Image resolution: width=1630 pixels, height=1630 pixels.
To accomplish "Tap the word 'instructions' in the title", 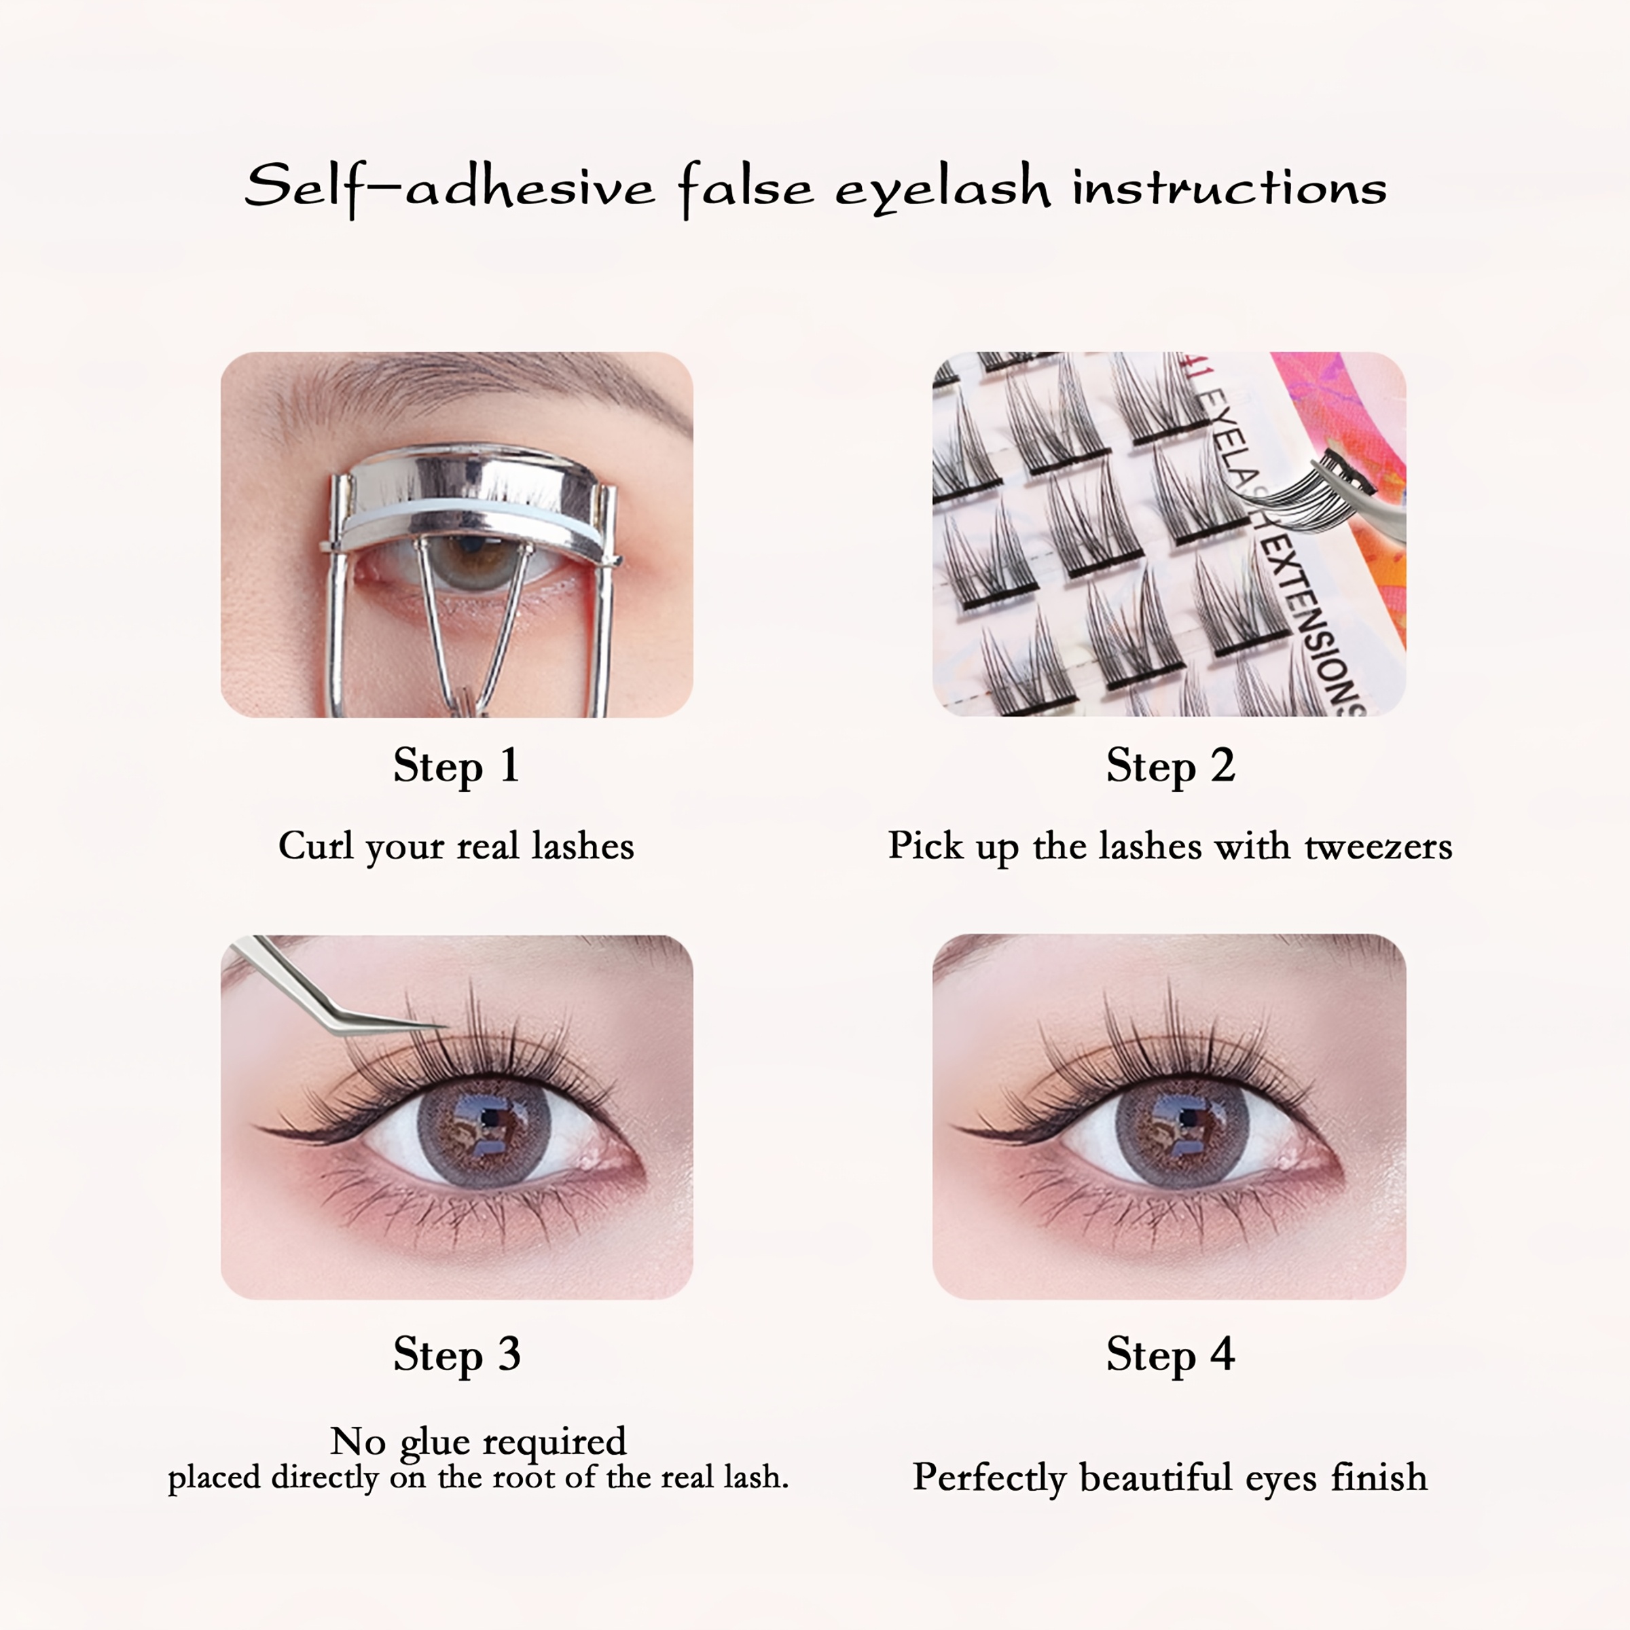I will pos(1229,187).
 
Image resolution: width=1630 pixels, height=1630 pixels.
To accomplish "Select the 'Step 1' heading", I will pos(456,766).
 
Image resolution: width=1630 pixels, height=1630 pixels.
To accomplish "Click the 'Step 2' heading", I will pos(1170,766).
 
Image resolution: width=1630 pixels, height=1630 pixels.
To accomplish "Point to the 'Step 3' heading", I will pos(456,1354).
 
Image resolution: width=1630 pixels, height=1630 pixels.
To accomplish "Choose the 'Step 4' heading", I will pos(1170,1354).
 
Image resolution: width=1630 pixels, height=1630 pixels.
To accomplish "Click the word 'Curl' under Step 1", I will pos(314,846).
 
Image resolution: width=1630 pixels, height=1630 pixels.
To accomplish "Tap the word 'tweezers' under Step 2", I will pos(1378,846).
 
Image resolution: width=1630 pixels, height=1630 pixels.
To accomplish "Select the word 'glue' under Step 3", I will pos(434,1443).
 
